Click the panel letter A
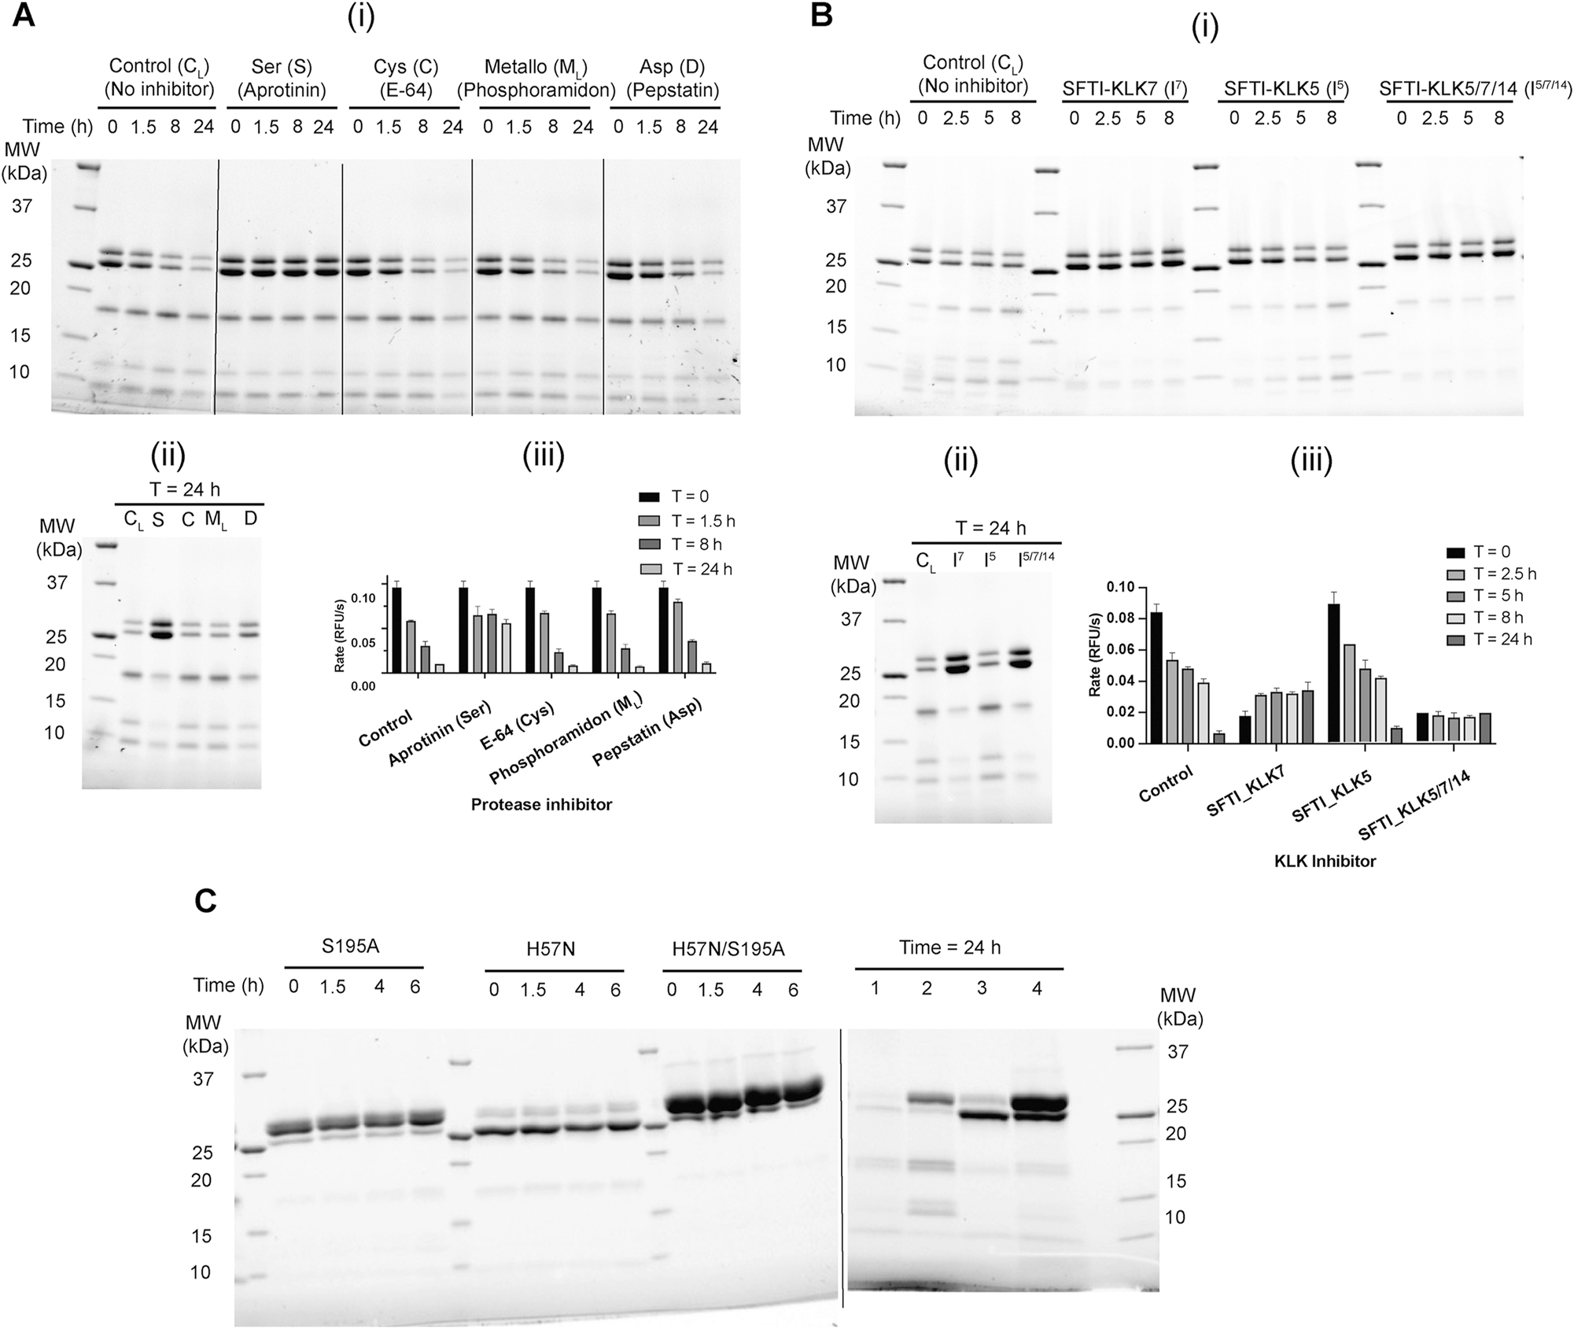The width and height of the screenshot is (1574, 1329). (24, 16)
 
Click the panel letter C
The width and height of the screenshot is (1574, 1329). (205, 901)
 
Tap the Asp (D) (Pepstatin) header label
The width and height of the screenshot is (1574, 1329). (673, 78)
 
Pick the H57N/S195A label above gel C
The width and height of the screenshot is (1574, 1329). (728, 949)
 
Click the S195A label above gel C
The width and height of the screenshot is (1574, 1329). (351, 947)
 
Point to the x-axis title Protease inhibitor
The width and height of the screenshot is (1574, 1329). (541, 804)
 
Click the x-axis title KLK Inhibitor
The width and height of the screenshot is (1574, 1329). (1325, 862)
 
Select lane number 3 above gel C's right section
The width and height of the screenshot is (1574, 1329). (982, 988)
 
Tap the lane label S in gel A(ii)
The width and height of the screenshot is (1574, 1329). (158, 519)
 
